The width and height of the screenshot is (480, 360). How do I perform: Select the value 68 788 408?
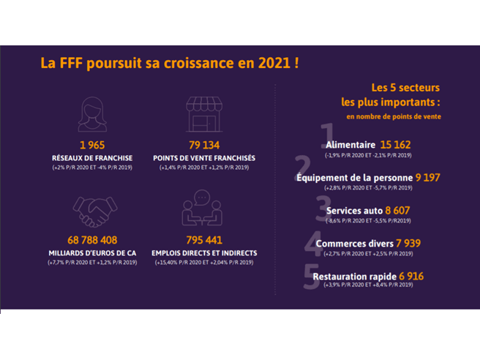coord(91,240)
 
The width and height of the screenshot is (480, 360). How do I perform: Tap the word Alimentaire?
coord(349,145)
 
